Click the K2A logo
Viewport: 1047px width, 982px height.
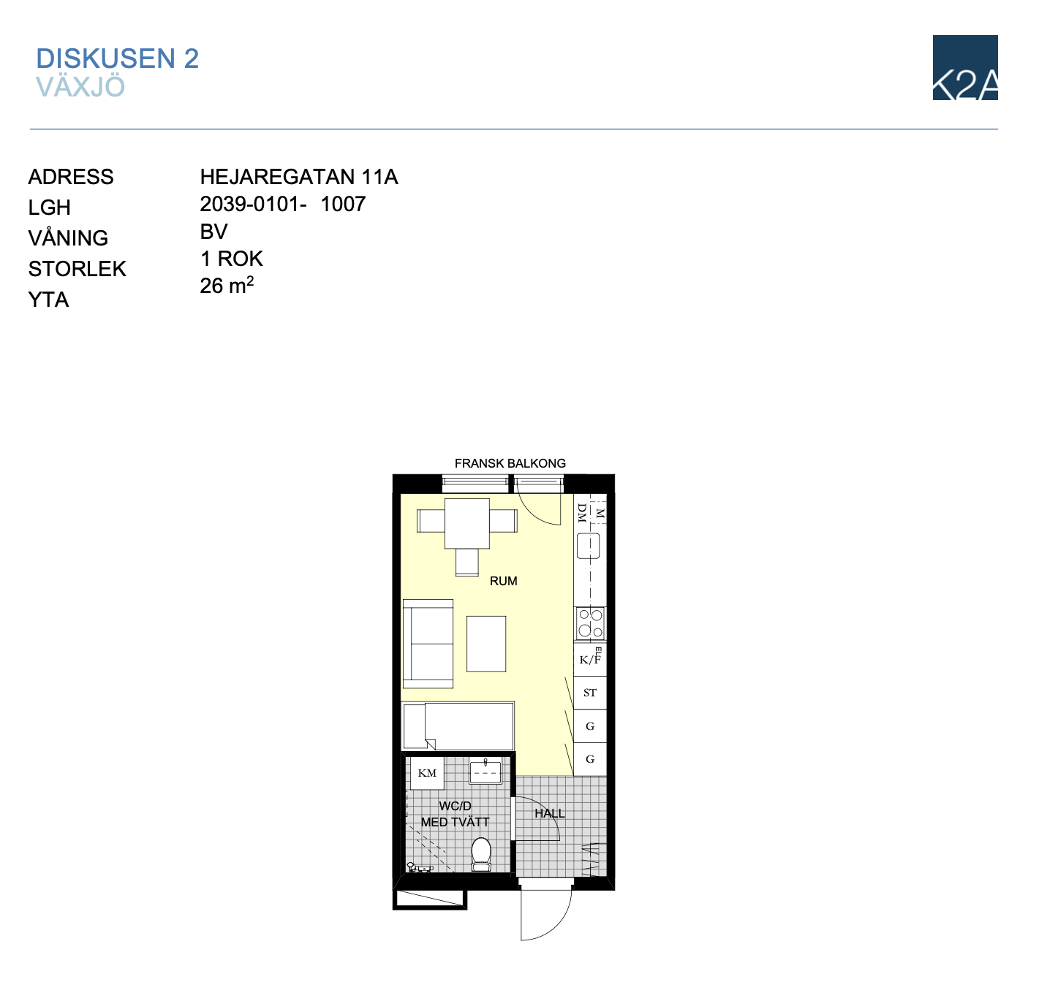(x=965, y=67)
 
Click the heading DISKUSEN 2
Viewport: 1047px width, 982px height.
(x=117, y=58)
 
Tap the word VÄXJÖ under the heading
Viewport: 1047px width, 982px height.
(x=80, y=86)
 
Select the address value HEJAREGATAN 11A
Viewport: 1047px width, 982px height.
(x=299, y=177)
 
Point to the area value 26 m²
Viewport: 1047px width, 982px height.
(x=227, y=285)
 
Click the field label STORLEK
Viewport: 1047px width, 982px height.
(x=77, y=269)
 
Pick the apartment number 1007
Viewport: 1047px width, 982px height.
(x=343, y=204)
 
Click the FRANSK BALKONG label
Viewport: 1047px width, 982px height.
(x=510, y=463)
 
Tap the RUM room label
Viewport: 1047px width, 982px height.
(x=504, y=581)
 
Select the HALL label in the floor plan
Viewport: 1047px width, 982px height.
(x=550, y=813)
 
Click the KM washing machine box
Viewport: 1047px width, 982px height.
(x=427, y=773)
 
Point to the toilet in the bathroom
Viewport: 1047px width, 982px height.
(x=481, y=855)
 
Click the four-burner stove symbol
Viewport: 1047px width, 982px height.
(x=590, y=623)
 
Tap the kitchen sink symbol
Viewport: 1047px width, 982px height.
(x=589, y=546)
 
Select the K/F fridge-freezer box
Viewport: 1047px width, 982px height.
(x=590, y=659)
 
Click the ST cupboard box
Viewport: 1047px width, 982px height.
(x=590, y=693)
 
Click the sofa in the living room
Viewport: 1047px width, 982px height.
(x=428, y=644)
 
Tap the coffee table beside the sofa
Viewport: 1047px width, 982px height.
(x=486, y=644)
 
